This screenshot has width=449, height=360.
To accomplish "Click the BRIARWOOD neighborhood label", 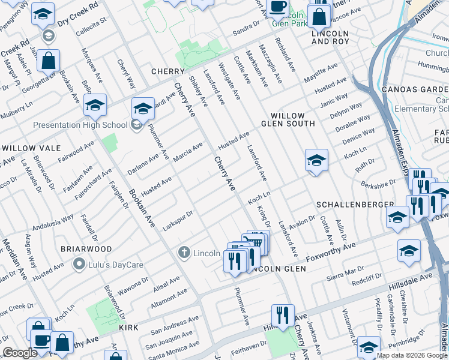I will pyautogui.click(x=86, y=248).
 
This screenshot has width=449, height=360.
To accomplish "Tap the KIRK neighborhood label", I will pyautogui.click(x=129, y=328).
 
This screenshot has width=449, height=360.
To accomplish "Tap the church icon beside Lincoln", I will pyautogui.click(x=185, y=253).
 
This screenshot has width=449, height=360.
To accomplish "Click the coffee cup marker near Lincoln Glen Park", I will pyautogui.click(x=277, y=7).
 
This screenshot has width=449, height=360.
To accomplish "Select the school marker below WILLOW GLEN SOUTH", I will pyautogui.click(x=316, y=160).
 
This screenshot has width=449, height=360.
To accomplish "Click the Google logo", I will pyautogui.click(x=20, y=353).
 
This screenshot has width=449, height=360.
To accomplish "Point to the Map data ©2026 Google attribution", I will pyautogui.click(x=412, y=355).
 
